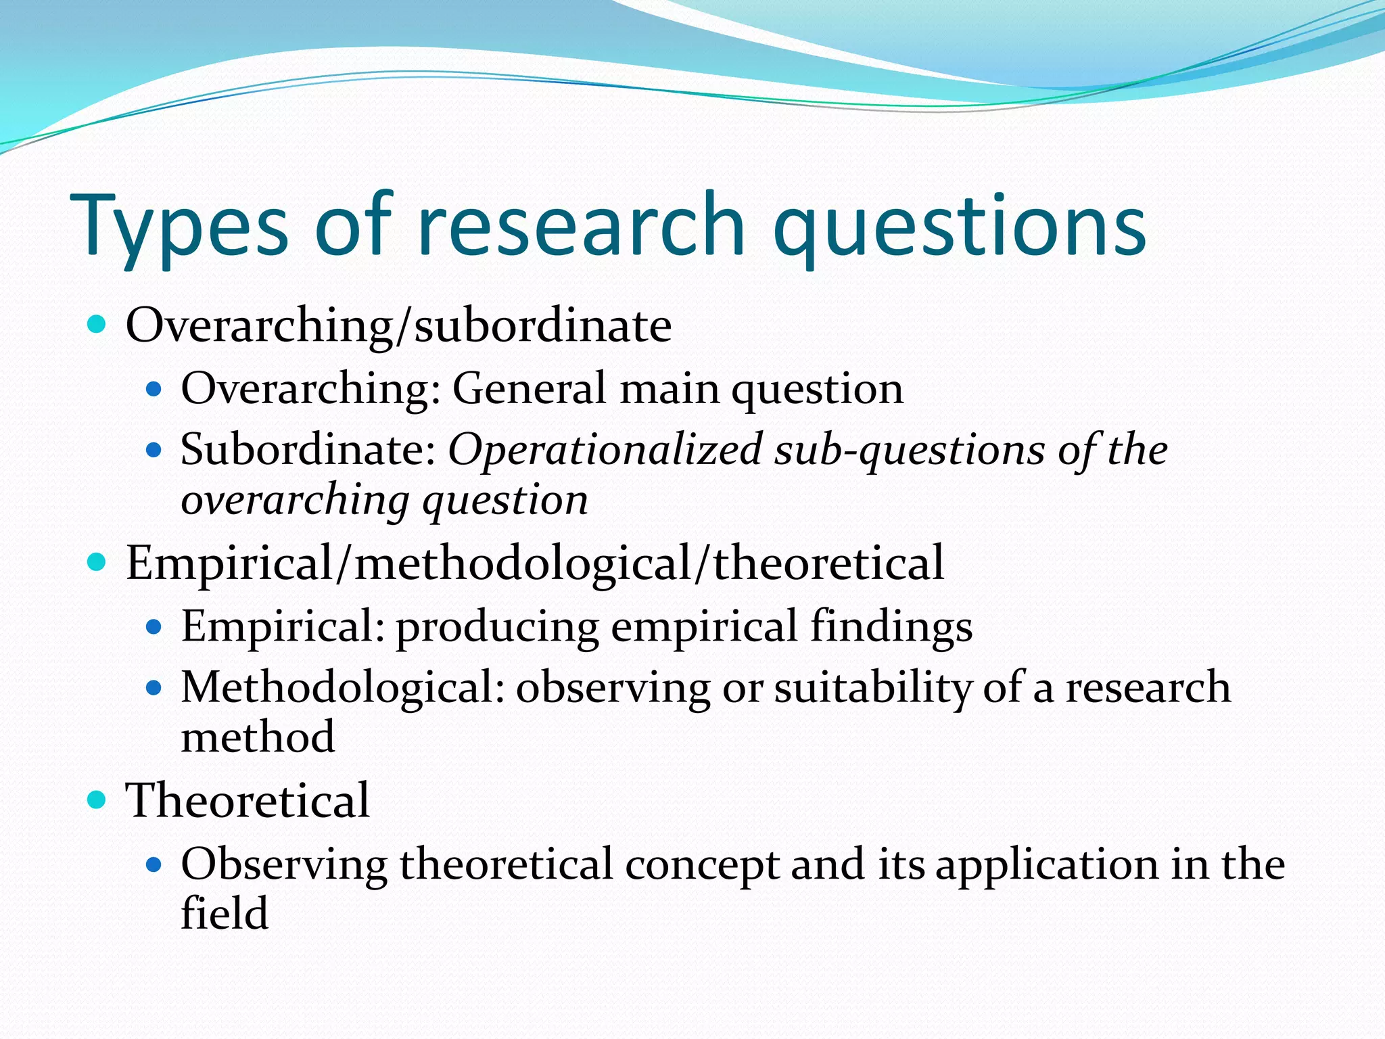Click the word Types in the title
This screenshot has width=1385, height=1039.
pyautogui.click(x=179, y=227)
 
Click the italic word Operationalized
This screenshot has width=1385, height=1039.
pyautogui.click(x=605, y=450)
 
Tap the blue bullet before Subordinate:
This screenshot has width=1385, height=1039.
pyautogui.click(x=154, y=450)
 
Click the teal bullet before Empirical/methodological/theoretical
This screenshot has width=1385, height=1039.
pyautogui.click(x=97, y=563)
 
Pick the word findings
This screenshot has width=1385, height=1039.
pyautogui.click(x=891, y=626)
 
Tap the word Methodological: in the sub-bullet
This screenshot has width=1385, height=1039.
pyautogui.click(x=342, y=689)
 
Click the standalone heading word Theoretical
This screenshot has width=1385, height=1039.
pyautogui.click(x=248, y=800)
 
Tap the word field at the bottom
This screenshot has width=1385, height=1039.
pyautogui.click(x=225, y=913)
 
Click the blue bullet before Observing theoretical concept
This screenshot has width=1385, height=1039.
pyautogui.click(x=154, y=864)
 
